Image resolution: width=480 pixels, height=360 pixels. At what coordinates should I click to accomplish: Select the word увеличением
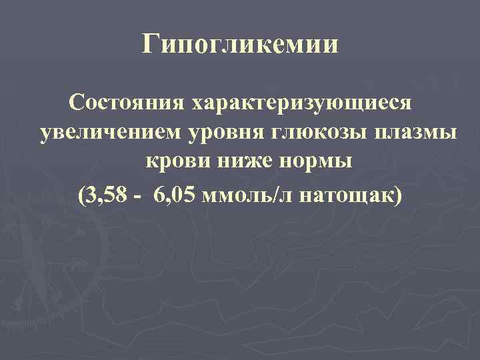pos(106,133)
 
